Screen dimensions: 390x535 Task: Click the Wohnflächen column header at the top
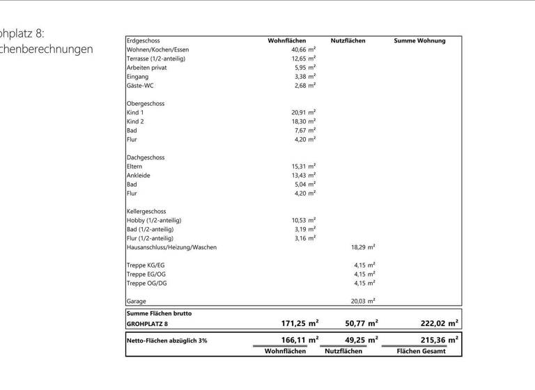pyautogui.click(x=287, y=40)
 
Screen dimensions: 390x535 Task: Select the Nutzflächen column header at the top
pyautogui.click(x=348, y=40)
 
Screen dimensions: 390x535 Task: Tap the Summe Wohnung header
pyautogui.click(x=419, y=40)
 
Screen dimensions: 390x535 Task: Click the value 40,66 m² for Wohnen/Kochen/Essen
pyautogui.click(x=303, y=49)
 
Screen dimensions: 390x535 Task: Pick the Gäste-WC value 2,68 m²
pyautogui.click(x=304, y=85)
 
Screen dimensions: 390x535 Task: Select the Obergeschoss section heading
pyautogui.click(x=146, y=103)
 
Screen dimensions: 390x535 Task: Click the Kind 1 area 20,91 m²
pyautogui.click(x=303, y=112)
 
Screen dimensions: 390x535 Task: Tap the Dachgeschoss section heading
pyautogui.click(x=146, y=157)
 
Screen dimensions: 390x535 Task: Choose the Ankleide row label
pyautogui.click(x=138, y=175)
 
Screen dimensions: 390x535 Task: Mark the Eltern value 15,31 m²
pyautogui.click(x=303, y=166)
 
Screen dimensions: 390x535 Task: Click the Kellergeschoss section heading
pyautogui.click(x=146, y=211)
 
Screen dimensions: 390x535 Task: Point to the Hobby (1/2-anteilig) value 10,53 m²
pyautogui.click(x=303, y=220)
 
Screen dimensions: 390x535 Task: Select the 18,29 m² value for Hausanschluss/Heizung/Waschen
pyautogui.click(x=362, y=247)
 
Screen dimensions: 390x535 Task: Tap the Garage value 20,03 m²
pyautogui.click(x=362, y=301)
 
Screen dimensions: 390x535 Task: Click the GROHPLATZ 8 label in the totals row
pyautogui.click(x=147, y=324)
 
